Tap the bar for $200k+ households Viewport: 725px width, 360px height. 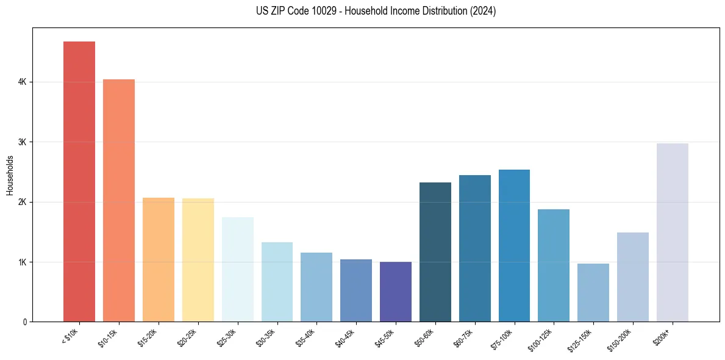point(673,232)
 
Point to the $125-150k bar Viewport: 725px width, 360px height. point(593,292)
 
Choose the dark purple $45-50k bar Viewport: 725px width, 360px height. point(396,292)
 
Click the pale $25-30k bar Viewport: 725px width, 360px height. point(237,269)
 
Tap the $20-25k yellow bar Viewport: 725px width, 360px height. point(198,260)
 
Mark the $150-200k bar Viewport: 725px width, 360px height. point(633,277)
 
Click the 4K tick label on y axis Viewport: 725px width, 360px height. point(22,82)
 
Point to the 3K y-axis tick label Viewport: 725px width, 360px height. point(22,142)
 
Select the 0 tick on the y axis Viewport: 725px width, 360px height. point(24,322)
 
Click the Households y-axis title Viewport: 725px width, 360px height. point(10,175)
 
